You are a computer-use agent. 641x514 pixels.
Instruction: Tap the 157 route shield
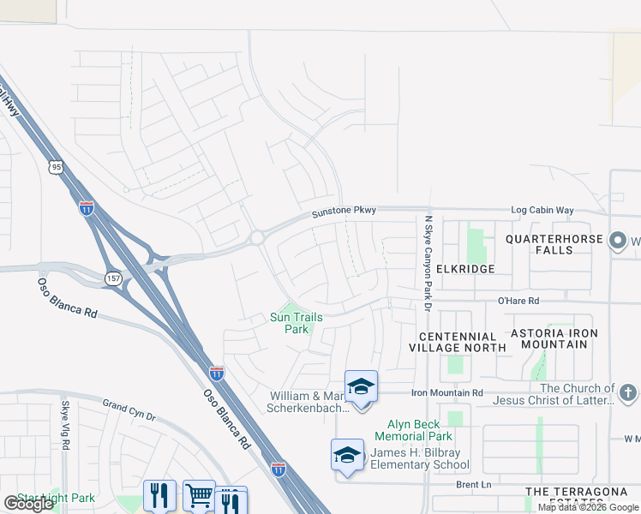pyautogui.click(x=113, y=278)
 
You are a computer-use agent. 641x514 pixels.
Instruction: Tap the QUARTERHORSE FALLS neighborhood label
pyautogui.click(x=551, y=244)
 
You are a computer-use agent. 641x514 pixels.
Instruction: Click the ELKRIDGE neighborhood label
pyautogui.click(x=465, y=269)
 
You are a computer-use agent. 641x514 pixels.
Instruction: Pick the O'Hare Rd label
pyautogui.click(x=518, y=302)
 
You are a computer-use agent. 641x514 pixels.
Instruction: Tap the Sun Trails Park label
pyautogui.click(x=297, y=323)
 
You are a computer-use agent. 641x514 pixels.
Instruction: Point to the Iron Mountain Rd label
pyautogui.click(x=447, y=392)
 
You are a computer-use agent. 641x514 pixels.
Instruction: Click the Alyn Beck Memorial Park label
pyautogui.click(x=413, y=430)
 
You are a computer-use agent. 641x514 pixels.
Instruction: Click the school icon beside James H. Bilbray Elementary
pyautogui.click(x=347, y=455)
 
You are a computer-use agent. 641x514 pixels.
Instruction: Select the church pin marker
pyautogui.click(x=627, y=393)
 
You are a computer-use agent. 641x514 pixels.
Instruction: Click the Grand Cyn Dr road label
pyautogui.click(x=129, y=410)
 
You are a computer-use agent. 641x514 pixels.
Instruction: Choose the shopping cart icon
pyautogui.click(x=199, y=495)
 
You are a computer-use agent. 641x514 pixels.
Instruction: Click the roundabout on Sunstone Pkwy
pyautogui.click(x=256, y=237)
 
